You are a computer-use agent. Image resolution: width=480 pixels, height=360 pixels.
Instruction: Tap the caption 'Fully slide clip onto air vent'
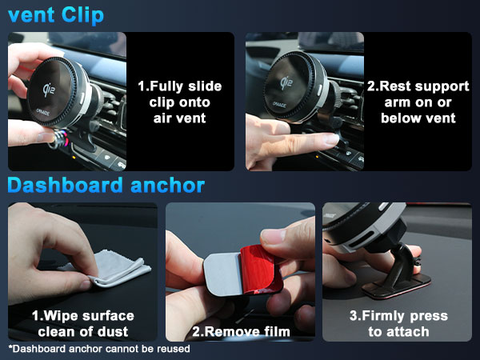click(179, 101)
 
